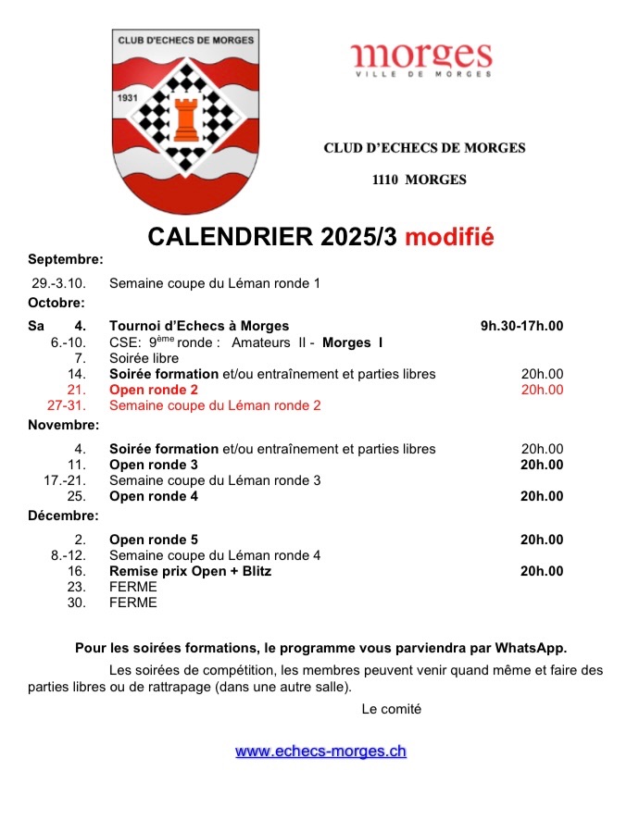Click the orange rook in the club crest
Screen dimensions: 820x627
tap(186, 115)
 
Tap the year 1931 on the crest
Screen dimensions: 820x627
tap(129, 97)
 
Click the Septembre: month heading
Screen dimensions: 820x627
tap(65, 259)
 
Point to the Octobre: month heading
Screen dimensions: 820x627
tap(56, 302)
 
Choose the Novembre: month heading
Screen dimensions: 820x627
tap(63, 426)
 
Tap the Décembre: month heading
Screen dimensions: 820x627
tap(63, 516)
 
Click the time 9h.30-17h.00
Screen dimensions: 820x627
tap(521, 326)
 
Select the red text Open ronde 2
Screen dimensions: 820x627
tap(154, 390)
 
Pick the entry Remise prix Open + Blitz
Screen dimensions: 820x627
tap(190, 571)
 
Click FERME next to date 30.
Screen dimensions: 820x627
tap(133, 603)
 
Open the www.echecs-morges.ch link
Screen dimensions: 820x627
tap(320, 752)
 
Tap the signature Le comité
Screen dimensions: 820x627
tap(392, 709)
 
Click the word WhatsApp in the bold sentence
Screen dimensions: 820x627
tap(530, 647)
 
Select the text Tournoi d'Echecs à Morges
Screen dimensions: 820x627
tap(199, 326)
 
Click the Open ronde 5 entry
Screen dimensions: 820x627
tap(154, 540)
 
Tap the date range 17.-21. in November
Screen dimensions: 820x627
tap(65, 480)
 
